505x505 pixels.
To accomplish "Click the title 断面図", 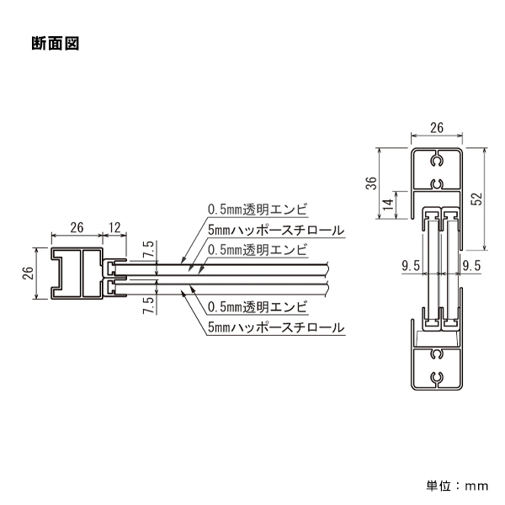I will coord(55,44).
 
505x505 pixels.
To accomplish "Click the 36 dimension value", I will coord(370,184).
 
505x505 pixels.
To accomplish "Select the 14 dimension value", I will coord(387,205).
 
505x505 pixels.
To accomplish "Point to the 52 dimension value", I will coord(477,198).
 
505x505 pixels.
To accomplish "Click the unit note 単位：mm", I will coord(457,485).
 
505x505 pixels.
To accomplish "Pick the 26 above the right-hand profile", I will coord(436,128).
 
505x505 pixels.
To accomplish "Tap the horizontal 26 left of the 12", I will coord(76,226).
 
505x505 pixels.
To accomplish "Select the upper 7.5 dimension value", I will coord(148,249).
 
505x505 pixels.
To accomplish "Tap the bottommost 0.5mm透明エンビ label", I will coord(258,305).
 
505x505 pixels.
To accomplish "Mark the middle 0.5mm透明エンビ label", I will coord(258,249).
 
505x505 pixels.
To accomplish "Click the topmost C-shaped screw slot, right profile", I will coord(436,159).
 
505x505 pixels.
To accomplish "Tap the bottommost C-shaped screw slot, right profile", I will coord(436,376).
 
